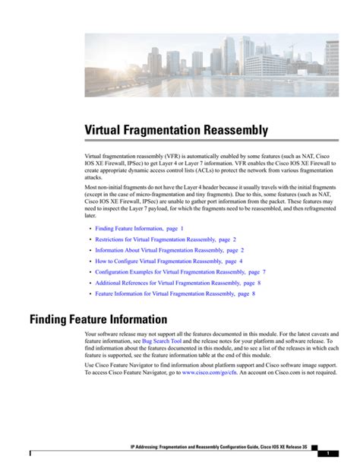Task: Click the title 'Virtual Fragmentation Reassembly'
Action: coord(175,131)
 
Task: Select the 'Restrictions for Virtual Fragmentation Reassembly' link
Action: coord(166,239)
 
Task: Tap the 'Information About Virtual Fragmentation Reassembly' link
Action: coord(169,249)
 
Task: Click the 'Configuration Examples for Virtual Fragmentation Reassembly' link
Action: coord(180,271)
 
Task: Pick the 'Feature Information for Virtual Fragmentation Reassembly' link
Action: coord(175,293)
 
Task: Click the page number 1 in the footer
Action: coord(326,453)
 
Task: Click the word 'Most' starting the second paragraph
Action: coord(91,187)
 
